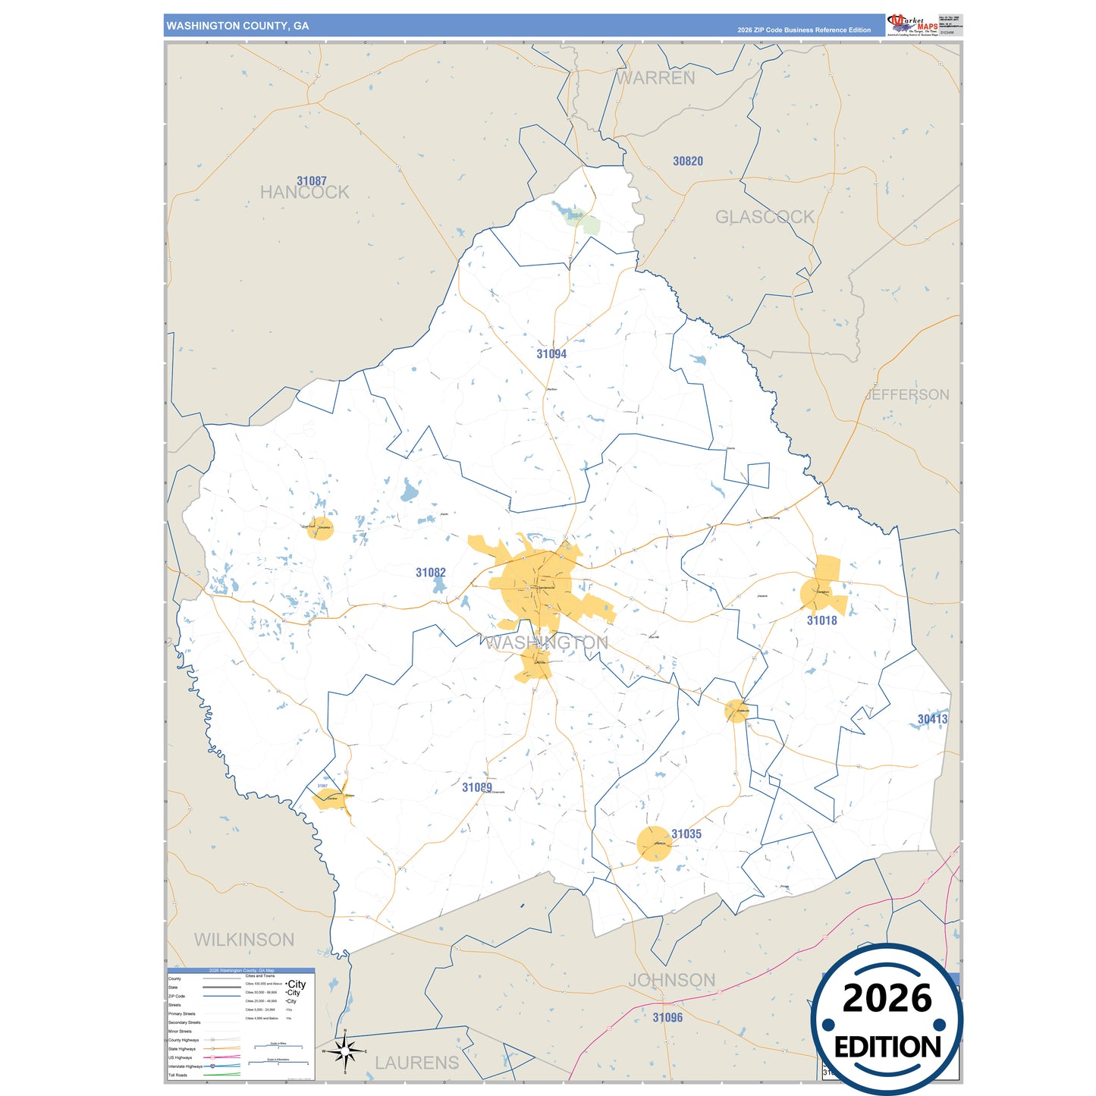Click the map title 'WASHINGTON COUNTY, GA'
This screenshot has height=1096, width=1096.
237,26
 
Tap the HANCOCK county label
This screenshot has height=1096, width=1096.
304,193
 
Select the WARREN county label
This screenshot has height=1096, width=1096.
655,78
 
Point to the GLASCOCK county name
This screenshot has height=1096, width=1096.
765,218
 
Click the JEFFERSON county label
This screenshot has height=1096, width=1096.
907,394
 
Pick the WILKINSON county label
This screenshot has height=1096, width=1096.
244,940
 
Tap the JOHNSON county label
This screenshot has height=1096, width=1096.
671,980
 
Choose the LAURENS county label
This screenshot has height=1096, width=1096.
417,1063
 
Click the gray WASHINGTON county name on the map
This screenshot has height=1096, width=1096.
546,643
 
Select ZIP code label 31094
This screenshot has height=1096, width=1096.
551,354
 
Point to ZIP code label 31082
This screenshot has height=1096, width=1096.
431,573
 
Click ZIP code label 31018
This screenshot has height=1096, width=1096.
821,620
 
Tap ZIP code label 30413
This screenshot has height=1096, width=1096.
932,719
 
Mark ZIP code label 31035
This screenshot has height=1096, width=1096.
686,834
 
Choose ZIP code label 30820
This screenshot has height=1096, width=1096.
688,162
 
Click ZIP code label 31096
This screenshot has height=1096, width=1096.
667,1018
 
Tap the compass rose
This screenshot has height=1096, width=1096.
345,1051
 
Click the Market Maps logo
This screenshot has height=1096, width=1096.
912,25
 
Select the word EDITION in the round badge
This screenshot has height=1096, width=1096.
887,1047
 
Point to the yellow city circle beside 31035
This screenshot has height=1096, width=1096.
654,843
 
